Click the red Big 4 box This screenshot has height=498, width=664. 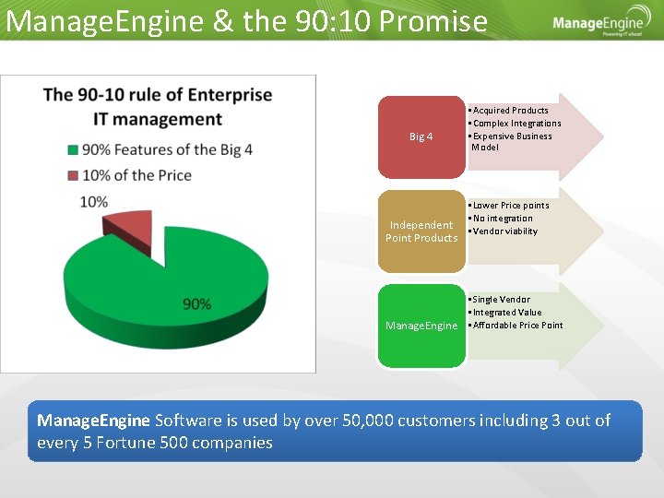[421, 136]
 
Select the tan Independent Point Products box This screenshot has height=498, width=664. [421, 231]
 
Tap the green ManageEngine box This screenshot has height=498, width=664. [421, 326]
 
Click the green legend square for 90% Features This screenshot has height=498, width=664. [73, 150]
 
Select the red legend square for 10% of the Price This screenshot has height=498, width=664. [73, 175]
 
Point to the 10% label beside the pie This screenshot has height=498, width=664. [93, 201]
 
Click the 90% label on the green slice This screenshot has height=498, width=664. [196, 303]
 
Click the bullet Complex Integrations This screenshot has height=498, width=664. [516, 124]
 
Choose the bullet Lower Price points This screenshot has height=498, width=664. [511, 206]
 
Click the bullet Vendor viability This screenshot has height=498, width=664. [505, 231]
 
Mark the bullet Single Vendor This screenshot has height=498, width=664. [503, 300]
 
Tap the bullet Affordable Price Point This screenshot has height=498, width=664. [517, 326]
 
